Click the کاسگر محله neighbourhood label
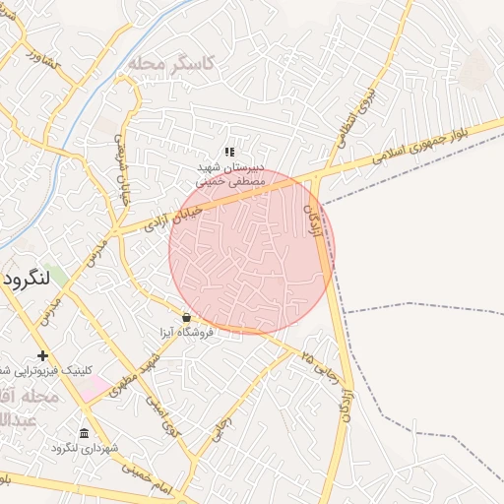tap(170, 62)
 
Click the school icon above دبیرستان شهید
tap(229, 152)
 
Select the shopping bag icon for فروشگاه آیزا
tap(186, 317)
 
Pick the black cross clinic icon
tap(42, 355)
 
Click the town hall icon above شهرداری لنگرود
tap(84, 434)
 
